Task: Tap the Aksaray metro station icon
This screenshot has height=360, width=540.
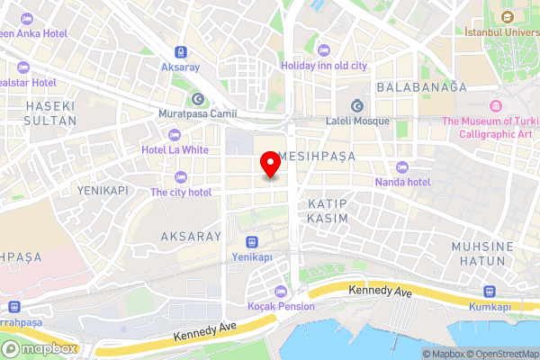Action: tap(181, 52)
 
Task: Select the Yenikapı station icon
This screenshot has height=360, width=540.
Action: tap(252, 241)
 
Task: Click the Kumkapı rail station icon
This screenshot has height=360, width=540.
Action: tap(490, 292)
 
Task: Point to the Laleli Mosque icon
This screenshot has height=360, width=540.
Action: tap(356, 103)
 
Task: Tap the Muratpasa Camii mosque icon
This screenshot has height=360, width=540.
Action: tap(197, 99)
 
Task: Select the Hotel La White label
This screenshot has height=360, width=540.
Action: tap(175, 149)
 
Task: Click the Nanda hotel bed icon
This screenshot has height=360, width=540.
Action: tap(401, 166)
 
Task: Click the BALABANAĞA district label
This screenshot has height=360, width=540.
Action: tap(422, 87)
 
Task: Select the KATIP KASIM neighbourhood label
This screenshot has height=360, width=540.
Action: tap(328, 211)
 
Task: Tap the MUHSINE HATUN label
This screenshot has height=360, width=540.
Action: tap(482, 253)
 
